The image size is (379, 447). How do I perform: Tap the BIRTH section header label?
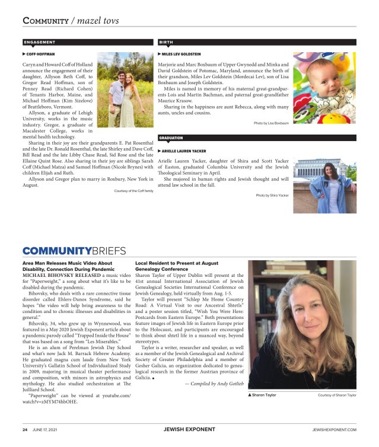(x=166, y=42)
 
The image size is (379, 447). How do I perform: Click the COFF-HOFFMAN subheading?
(x=40, y=53)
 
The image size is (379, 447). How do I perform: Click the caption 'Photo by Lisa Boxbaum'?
(x=271, y=123)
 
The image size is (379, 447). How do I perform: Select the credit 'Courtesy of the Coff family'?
(x=133, y=191)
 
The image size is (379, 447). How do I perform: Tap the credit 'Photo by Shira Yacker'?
(x=272, y=195)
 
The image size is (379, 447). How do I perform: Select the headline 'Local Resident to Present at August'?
(x=177, y=263)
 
